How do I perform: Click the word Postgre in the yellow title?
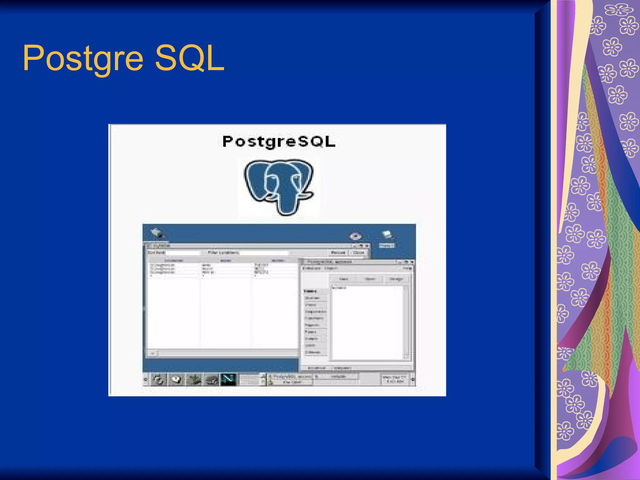(x=83, y=58)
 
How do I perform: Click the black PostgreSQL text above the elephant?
(x=279, y=142)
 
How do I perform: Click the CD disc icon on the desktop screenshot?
(x=355, y=236)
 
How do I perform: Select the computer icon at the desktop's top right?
(x=387, y=235)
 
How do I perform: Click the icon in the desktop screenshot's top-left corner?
(x=157, y=233)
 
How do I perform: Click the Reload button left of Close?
(x=338, y=252)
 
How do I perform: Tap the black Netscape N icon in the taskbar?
(x=228, y=379)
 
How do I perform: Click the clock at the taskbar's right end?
(x=395, y=379)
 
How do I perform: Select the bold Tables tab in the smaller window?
(x=310, y=291)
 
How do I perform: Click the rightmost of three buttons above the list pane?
(x=396, y=279)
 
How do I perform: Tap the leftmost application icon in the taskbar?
(x=159, y=380)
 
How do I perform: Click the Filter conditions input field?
(x=264, y=252)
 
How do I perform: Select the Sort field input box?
(x=183, y=252)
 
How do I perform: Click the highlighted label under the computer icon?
(x=387, y=246)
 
